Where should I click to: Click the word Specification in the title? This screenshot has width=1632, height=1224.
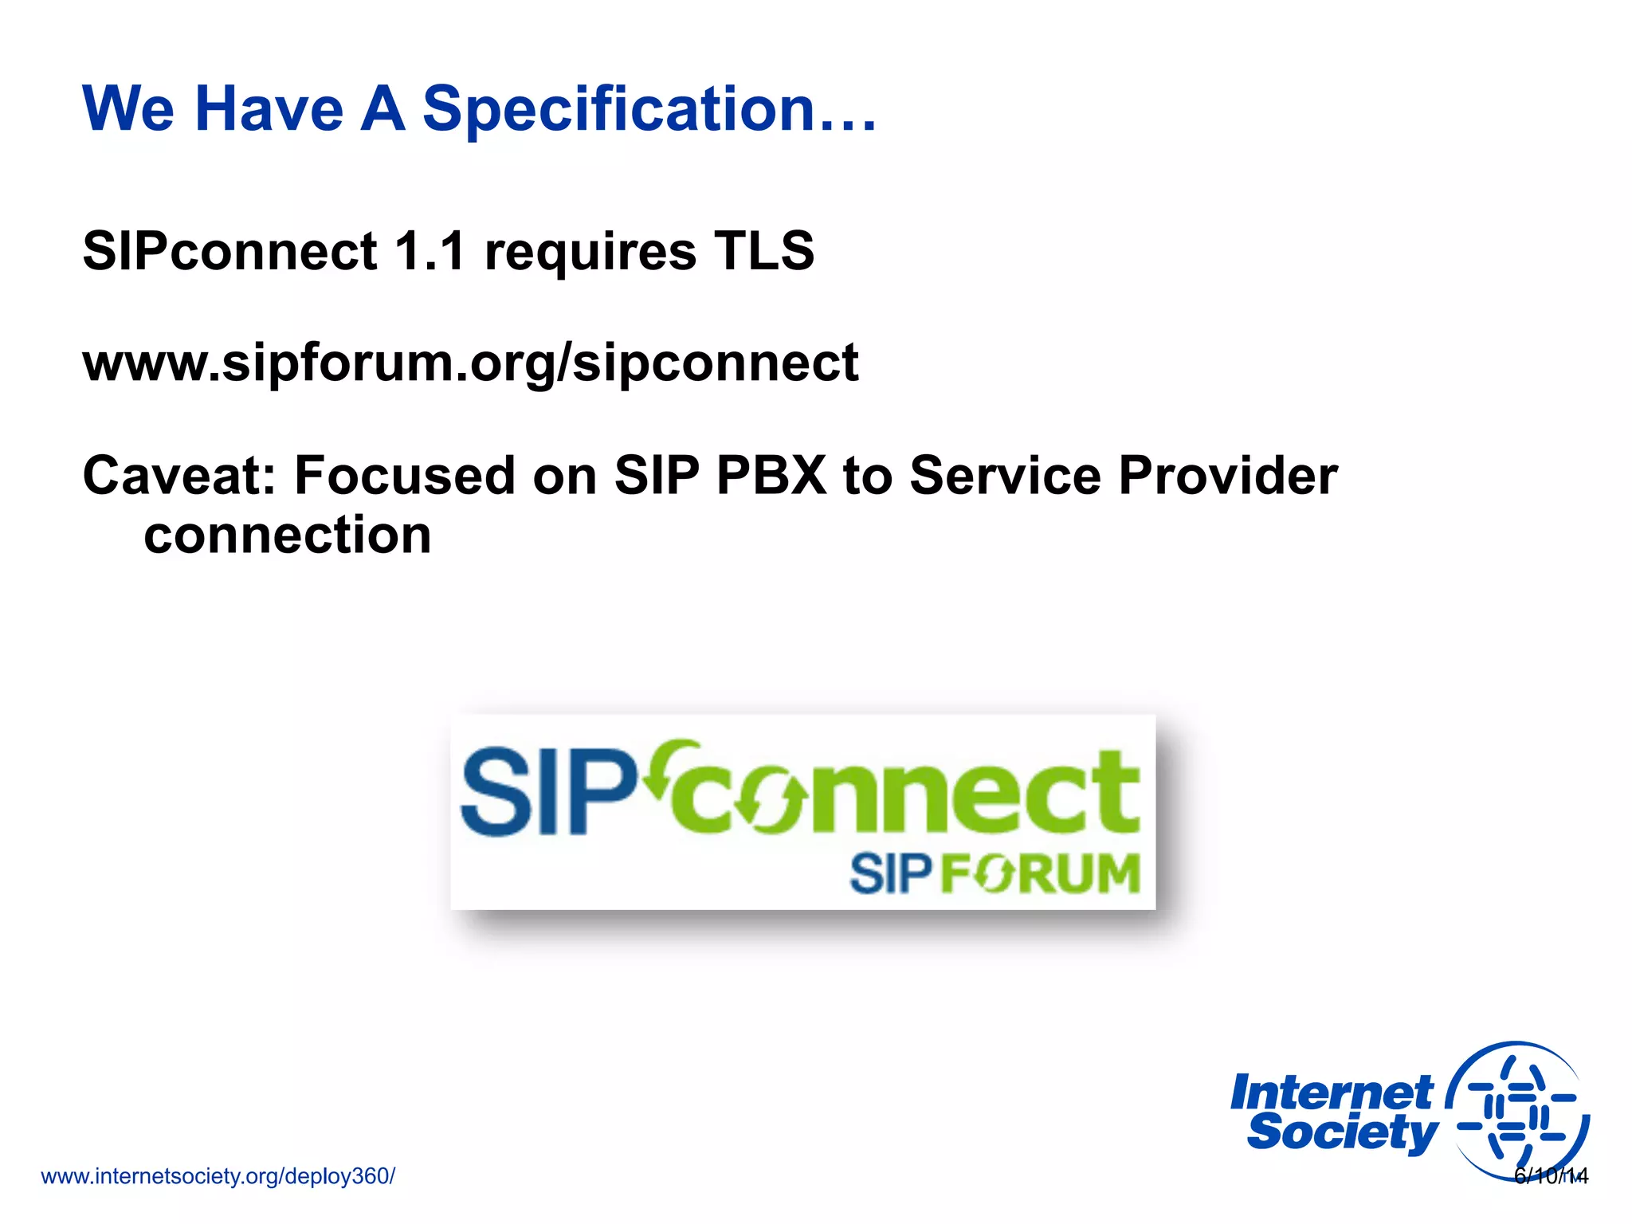(x=618, y=109)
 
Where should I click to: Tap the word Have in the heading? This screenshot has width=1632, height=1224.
(x=269, y=109)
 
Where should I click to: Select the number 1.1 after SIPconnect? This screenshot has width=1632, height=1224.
(x=430, y=250)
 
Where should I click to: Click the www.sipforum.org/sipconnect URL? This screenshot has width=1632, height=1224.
(x=470, y=363)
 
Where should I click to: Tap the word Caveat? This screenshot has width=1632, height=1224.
(x=179, y=476)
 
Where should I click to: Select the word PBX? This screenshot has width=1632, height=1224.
(x=771, y=476)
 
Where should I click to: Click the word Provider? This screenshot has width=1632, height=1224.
(x=1227, y=476)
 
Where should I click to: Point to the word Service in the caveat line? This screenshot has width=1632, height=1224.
(x=1006, y=476)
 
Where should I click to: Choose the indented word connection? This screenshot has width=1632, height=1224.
(x=288, y=535)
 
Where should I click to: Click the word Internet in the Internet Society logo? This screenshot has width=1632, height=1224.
(x=1331, y=1093)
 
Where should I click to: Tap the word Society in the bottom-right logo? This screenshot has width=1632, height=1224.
(x=1342, y=1133)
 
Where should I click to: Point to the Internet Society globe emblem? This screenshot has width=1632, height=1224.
(x=1518, y=1112)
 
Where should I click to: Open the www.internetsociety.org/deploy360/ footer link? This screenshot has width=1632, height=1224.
(x=218, y=1176)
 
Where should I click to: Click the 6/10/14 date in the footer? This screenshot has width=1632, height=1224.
(x=1551, y=1176)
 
